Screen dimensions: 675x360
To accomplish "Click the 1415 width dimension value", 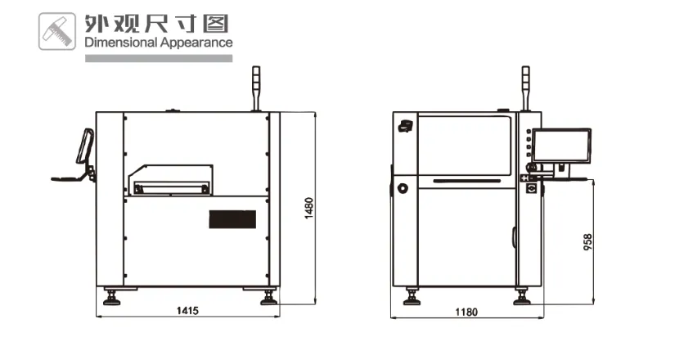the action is click(x=187, y=310).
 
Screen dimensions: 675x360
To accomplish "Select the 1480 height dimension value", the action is click(x=308, y=209).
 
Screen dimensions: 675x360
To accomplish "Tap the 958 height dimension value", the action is click(x=587, y=242).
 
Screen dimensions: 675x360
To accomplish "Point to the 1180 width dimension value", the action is click(x=466, y=312).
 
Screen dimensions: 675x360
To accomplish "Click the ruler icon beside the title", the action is click(x=57, y=31).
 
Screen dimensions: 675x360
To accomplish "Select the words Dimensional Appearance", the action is click(x=159, y=43).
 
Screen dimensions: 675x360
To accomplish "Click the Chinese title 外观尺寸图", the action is click(x=156, y=24).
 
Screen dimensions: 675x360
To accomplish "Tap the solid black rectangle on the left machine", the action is click(x=232, y=219).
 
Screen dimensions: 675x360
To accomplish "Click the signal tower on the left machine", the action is click(x=256, y=88).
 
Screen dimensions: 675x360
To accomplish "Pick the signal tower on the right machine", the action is click(x=525, y=88).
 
